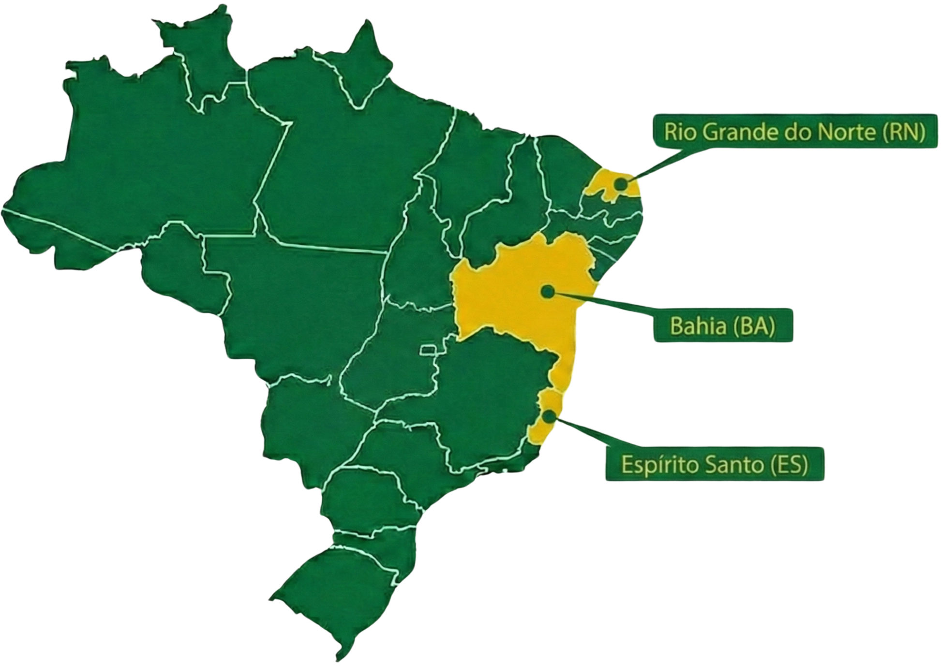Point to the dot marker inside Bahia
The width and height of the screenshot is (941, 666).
click(x=548, y=291)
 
